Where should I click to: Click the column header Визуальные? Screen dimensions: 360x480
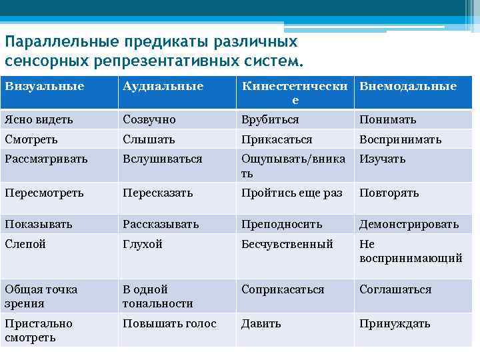click(45, 86)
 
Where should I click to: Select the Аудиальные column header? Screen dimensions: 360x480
click(163, 86)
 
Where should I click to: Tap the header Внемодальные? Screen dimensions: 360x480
click(408, 86)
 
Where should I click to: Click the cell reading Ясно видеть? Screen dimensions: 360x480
click(39, 120)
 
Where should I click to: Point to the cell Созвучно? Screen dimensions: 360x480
click(149, 120)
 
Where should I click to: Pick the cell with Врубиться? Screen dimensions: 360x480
click(270, 120)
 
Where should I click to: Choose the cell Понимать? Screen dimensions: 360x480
click(388, 120)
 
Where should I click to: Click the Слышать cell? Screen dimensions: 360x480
click(149, 140)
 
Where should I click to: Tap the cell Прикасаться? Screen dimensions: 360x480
click(277, 140)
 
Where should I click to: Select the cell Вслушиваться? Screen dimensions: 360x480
click(162, 159)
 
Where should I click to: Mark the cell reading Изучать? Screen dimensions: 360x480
click(383, 159)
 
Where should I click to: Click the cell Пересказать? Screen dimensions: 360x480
click(157, 193)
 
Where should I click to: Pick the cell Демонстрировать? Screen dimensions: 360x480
click(409, 225)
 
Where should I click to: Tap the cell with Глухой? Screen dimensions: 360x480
click(143, 245)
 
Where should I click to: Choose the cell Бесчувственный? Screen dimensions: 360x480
click(287, 245)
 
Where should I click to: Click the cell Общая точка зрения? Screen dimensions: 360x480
click(41, 296)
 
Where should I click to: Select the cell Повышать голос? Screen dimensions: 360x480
click(169, 324)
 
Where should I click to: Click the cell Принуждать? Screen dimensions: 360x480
click(395, 324)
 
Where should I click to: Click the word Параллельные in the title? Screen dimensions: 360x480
click(61, 41)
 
